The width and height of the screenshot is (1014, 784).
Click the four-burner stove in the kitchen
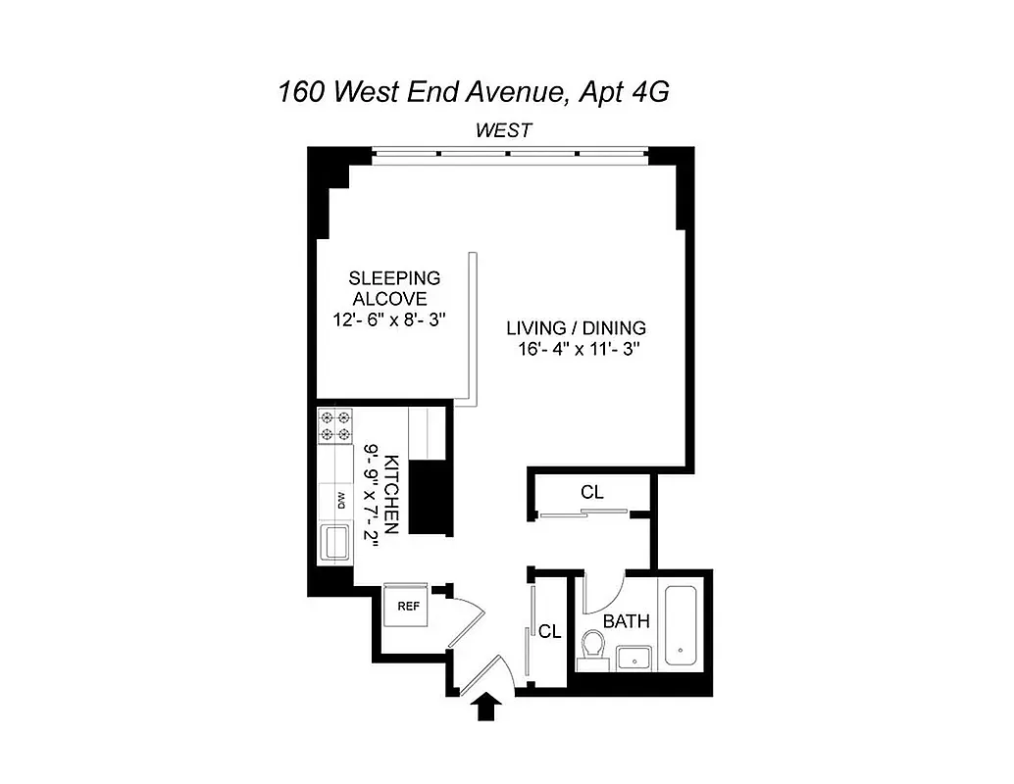[334, 427]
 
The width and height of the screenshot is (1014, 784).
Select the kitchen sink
[335, 542]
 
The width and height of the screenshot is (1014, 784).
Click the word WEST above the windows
[504, 130]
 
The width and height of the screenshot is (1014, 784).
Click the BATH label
[625, 621]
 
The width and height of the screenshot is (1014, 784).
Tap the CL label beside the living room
[591, 493]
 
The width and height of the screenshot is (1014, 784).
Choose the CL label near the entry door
[549, 632]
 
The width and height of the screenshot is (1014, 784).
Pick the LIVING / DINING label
[576, 328]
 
